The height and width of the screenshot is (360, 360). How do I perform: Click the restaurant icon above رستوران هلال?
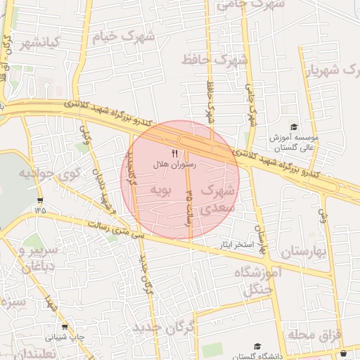pyautogui.click(x=174, y=153)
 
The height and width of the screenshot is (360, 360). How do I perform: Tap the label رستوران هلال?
pyautogui.click(x=174, y=164)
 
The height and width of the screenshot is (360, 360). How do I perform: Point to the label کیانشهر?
pyautogui.click(x=39, y=44)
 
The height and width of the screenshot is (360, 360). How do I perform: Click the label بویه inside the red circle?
pyautogui.click(x=161, y=191)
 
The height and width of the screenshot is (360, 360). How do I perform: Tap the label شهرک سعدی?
pyautogui.click(x=215, y=198)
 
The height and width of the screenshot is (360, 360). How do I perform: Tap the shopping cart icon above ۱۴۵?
pyautogui.click(x=39, y=200)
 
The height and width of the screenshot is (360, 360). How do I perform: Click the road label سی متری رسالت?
pyautogui.click(x=117, y=230)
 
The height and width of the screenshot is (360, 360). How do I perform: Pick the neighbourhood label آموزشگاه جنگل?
pyautogui.click(x=252, y=279)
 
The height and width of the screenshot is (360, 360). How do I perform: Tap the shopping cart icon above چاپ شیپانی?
pyautogui.click(x=65, y=327)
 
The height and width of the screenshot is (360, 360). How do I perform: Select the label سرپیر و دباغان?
pyautogui.click(x=32, y=259)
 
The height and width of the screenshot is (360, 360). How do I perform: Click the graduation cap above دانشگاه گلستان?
pyautogui.click(x=257, y=347)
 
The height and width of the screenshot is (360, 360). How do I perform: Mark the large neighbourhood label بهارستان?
pyautogui.click(x=305, y=251)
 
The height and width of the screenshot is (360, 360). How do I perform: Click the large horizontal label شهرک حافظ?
pyautogui.click(x=214, y=60)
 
